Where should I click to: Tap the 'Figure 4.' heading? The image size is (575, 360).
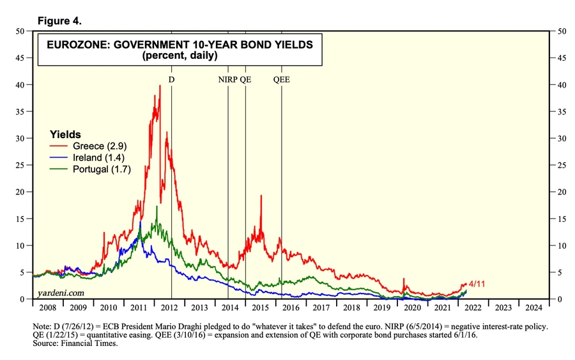tap(59, 20)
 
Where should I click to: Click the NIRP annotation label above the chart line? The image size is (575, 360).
tap(228, 79)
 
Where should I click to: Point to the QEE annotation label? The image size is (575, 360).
tap(281, 79)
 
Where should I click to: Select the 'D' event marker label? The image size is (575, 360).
tap(171, 79)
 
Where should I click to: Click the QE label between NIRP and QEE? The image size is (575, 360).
tap(245, 79)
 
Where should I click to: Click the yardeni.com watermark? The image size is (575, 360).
tap(61, 292)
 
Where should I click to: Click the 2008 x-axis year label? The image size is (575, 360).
tap(47, 307)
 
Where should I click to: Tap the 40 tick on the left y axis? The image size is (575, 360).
tap(20, 84)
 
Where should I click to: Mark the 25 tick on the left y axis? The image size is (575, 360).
tap(20, 165)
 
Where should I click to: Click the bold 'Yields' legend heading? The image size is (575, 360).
tap(66, 134)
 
